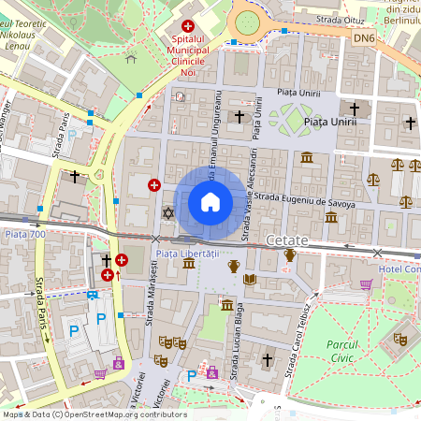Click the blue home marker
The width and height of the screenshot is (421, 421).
210,202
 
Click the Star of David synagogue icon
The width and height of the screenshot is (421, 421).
168,213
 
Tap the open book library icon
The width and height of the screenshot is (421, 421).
249,279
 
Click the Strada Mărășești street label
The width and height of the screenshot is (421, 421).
152,288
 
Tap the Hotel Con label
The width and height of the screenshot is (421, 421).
400,269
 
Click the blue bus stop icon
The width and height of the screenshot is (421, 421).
93,296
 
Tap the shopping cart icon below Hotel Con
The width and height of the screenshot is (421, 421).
367,284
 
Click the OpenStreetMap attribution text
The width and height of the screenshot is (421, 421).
94,414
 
